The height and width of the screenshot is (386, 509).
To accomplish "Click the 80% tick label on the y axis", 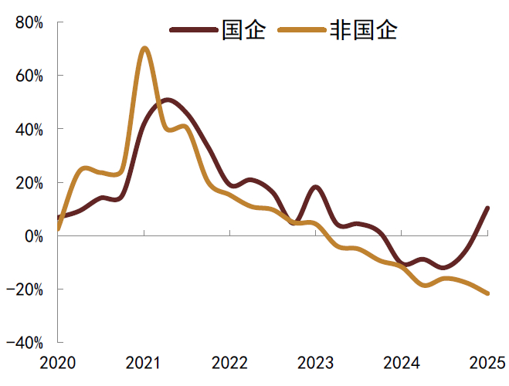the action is (x=29, y=23).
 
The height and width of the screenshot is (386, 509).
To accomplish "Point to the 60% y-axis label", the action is (x=29, y=76).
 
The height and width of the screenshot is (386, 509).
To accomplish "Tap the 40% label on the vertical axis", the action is (x=29, y=130).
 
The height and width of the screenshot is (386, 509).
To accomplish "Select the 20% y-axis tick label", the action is (x=29, y=183).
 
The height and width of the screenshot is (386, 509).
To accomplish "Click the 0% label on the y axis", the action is (x=34, y=236).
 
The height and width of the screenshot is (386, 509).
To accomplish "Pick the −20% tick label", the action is (x=25, y=289).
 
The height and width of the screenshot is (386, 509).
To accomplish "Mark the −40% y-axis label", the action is (x=25, y=343).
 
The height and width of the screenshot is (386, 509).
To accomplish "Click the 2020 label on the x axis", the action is (x=57, y=363).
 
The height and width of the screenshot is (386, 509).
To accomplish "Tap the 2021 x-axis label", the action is (x=143, y=363).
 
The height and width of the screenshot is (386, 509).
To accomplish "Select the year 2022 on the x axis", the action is (x=229, y=363).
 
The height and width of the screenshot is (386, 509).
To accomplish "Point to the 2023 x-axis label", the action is (x=316, y=363).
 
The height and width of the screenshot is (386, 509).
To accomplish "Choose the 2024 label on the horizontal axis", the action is (x=402, y=363).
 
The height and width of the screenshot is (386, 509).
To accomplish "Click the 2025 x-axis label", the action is (x=487, y=363).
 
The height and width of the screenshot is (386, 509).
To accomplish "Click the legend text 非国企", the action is (x=363, y=30).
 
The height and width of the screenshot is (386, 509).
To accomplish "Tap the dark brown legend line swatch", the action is (x=193, y=30).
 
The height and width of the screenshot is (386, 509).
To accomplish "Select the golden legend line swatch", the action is (x=302, y=30).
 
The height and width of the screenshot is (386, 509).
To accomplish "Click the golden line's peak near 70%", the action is (x=144, y=49).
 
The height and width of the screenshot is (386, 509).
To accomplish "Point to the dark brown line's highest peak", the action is (x=167, y=100).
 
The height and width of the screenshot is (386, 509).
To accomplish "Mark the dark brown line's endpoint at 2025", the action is (x=487, y=208).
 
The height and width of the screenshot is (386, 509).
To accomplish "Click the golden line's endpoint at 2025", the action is (x=487, y=293).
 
